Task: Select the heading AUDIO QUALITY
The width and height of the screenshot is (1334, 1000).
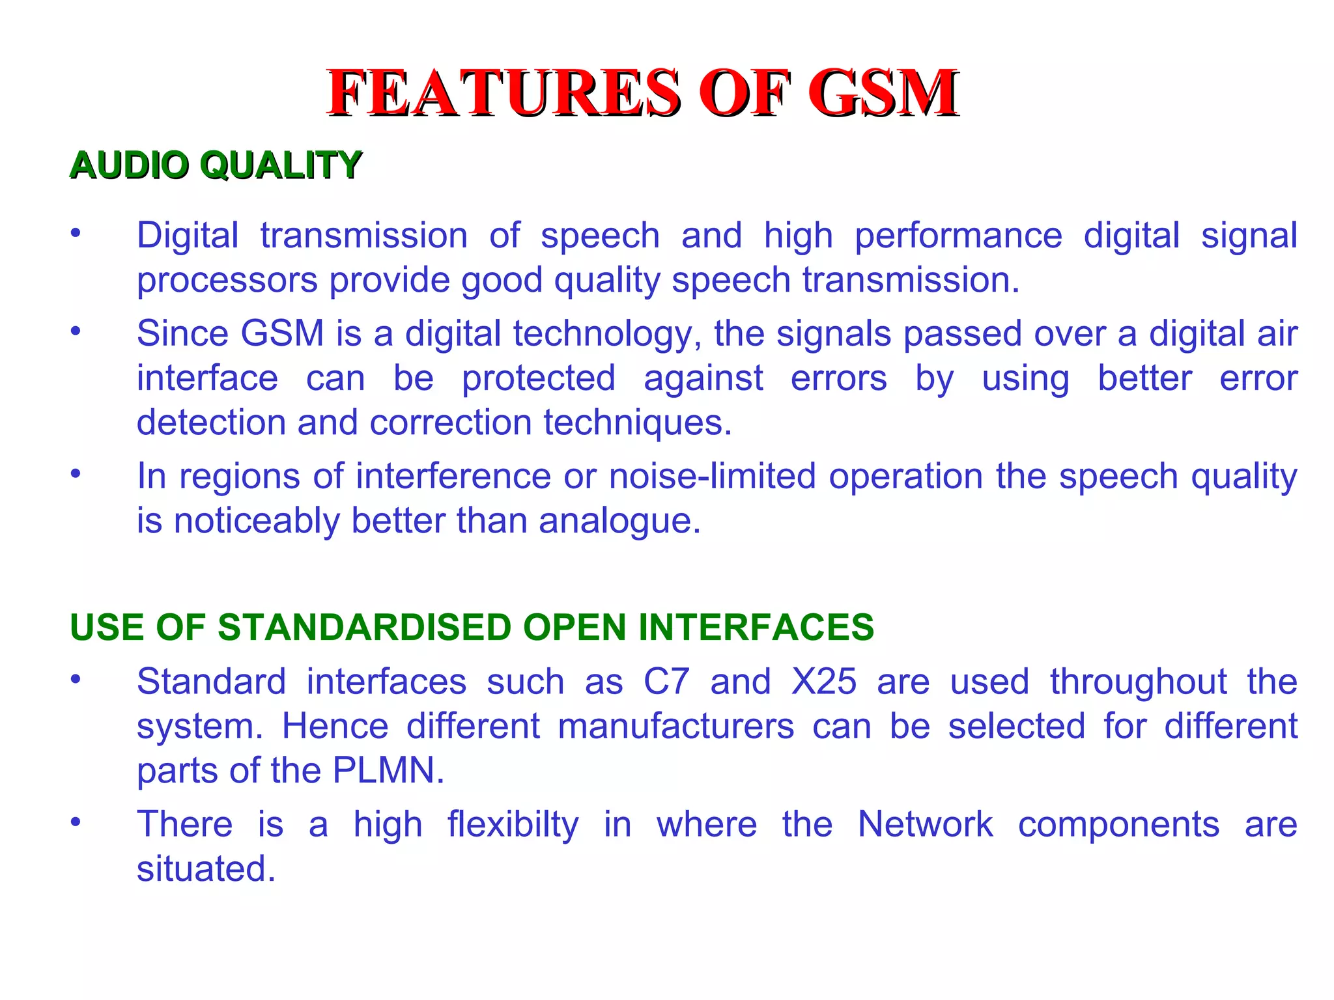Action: point(216,165)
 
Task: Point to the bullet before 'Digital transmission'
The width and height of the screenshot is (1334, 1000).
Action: point(76,233)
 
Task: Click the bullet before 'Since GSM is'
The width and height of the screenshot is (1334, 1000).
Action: point(76,331)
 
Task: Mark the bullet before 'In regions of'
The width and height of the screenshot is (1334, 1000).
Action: point(76,474)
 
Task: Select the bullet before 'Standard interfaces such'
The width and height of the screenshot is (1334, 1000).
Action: point(76,679)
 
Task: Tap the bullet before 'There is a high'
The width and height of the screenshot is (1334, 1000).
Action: point(76,822)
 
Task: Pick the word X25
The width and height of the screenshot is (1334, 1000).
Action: point(823,682)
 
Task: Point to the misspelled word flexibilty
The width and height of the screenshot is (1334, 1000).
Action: point(513,825)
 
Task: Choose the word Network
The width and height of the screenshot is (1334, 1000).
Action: point(925,824)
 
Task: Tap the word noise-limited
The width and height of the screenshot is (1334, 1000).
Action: point(712,476)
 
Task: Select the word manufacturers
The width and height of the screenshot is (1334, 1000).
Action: point(675,727)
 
